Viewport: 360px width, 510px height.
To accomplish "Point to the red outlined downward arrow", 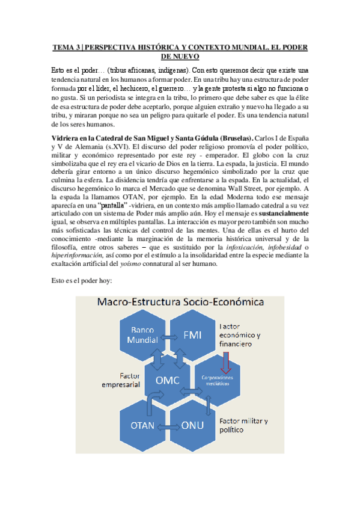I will pyautogui.click(x=227, y=361).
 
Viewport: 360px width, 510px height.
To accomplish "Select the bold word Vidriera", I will pyautogui.click(x=67, y=137).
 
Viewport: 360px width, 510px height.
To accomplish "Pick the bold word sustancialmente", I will pyautogui.click(x=285, y=214).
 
